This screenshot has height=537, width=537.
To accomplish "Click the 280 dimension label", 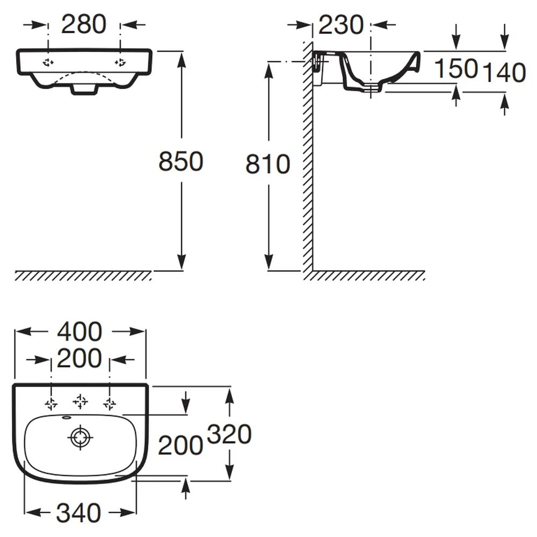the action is coord(84,24).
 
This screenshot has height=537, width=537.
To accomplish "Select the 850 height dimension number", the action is coord(181,161).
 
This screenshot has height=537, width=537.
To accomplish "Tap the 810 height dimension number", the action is coord(268,164).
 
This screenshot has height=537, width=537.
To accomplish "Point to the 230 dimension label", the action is coord(341,25).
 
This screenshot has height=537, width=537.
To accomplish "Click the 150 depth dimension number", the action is coord(456,69).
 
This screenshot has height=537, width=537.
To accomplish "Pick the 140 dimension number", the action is coord(504,72).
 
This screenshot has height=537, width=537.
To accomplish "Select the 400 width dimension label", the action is coord(79,331).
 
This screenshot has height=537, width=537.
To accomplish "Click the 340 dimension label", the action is coord(78,513).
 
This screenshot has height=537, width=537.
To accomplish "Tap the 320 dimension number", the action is coord(229,434).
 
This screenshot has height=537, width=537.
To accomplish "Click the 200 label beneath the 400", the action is coord(79,358).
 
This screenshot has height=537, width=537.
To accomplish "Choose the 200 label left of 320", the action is coord(180,446).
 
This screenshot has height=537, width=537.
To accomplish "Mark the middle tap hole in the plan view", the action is coord(80,401).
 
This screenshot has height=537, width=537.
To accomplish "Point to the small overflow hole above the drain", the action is coord(66,417).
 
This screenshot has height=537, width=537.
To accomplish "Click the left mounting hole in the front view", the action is coord(48,62).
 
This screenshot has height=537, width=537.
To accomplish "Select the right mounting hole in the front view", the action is coord(120,62).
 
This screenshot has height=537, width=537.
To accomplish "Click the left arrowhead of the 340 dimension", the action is coord(33,513).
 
